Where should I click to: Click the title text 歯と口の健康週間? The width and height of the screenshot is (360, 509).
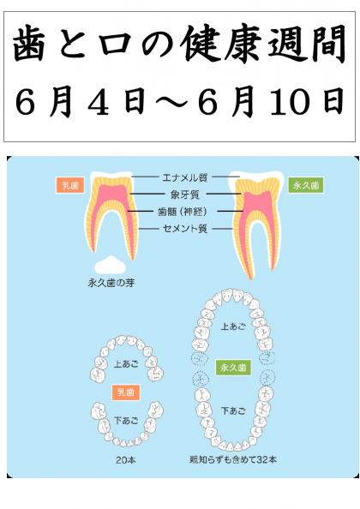click(x=179, y=45)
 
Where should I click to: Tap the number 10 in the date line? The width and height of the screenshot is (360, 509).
click(x=294, y=102)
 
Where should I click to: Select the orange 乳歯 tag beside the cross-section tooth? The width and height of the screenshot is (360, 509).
click(x=70, y=185)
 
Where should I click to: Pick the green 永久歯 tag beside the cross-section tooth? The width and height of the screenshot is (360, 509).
click(x=305, y=185)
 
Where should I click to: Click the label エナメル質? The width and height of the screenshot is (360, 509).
click(x=184, y=177)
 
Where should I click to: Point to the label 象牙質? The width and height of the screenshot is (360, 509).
click(x=184, y=195)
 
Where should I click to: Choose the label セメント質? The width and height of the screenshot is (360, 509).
click(x=184, y=229)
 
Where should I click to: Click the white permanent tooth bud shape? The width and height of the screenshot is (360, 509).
click(x=111, y=266)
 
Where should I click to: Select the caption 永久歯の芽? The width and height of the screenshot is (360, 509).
click(x=111, y=283)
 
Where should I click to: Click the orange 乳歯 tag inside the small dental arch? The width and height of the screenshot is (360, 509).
click(x=126, y=392)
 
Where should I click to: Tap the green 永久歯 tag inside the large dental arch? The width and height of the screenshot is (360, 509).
click(x=233, y=368)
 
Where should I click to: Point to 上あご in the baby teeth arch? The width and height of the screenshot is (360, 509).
click(x=126, y=363)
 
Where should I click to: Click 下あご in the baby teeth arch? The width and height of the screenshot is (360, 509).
click(x=126, y=421)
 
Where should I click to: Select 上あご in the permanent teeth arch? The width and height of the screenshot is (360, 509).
click(x=233, y=326)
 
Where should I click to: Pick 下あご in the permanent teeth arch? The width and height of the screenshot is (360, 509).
click(x=233, y=411)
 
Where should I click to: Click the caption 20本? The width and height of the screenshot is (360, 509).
click(x=126, y=460)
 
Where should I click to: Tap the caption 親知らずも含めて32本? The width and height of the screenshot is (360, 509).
click(x=233, y=459)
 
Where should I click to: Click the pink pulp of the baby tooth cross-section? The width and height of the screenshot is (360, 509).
click(x=112, y=195)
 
